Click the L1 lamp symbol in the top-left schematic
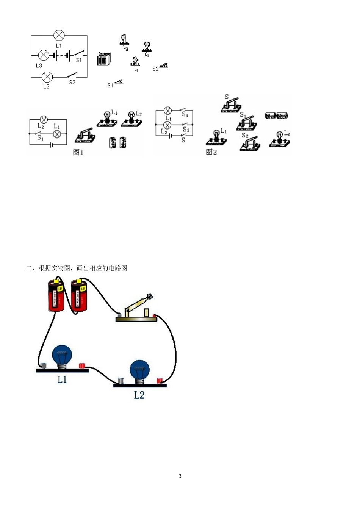tap(59, 36)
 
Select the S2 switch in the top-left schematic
tap(72, 75)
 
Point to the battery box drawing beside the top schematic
tap(103, 59)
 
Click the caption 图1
tap(78, 152)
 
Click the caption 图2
tap(211, 152)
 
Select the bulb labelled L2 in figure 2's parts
tap(280, 140)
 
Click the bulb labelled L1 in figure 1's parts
tap(107, 119)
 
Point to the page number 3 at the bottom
tap(180, 476)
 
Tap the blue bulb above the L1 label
tap(62, 356)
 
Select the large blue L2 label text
tap(139, 395)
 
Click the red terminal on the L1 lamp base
tap(82, 365)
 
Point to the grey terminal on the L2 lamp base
tap(121, 381)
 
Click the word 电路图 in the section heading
tap(118, 268)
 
